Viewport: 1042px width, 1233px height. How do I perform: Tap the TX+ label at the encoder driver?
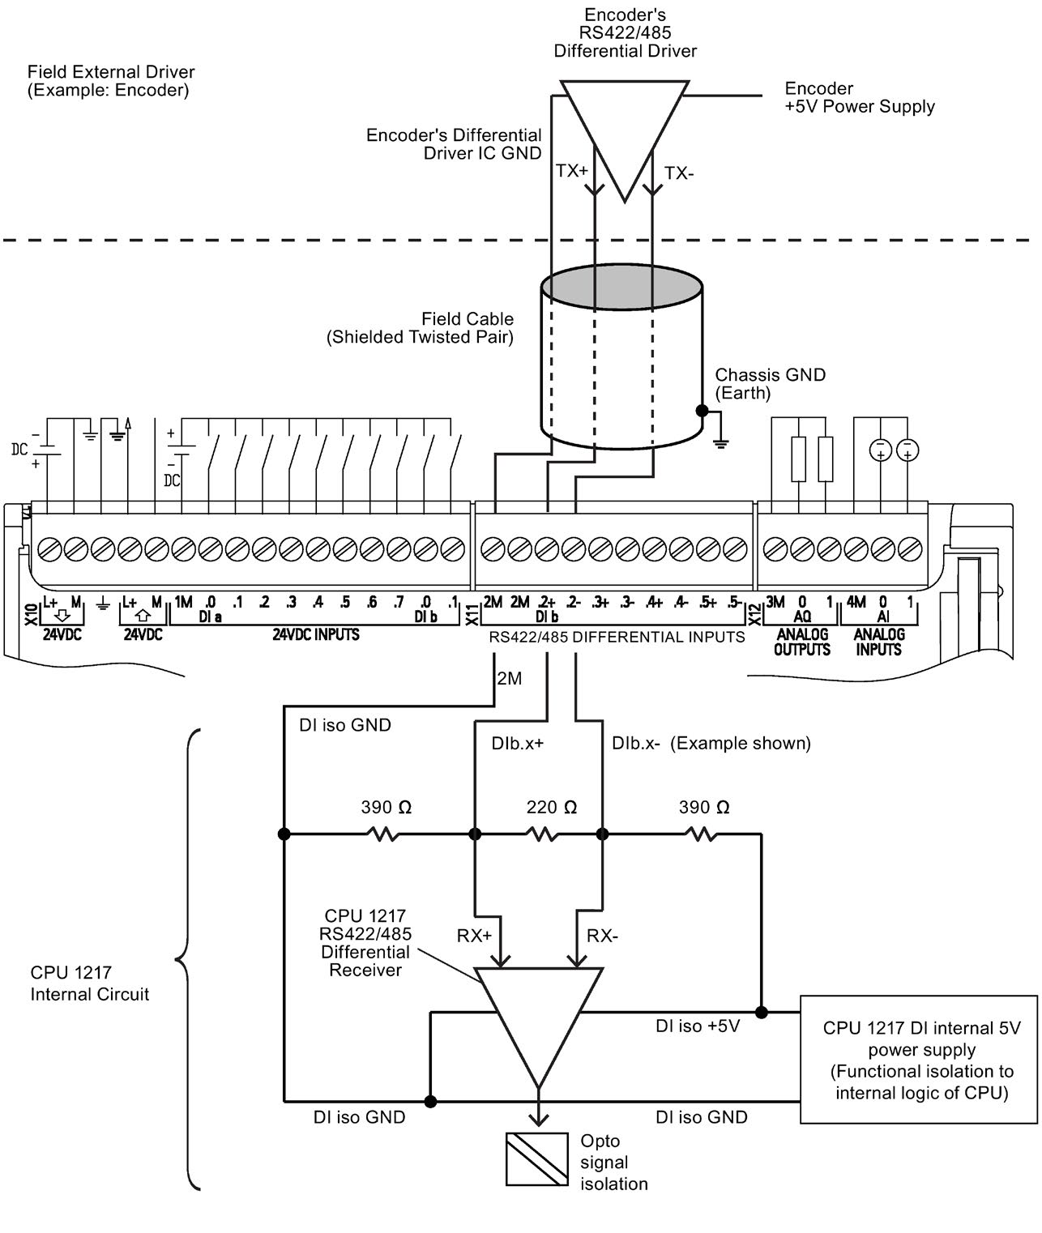point(571,172)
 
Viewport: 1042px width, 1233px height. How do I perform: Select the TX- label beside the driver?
point(679,173)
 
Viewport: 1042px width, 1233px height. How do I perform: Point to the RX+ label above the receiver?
point(475,936)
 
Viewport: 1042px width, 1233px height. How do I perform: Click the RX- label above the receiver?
point(602,936)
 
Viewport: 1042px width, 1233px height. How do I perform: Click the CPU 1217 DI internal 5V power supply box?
point(919,1059)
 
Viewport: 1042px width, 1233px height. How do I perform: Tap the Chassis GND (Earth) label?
point(770,384)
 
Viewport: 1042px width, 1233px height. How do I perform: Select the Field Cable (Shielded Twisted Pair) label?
point(421,328)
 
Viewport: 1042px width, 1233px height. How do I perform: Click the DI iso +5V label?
point(698,1026)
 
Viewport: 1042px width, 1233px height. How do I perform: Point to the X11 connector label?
point(472,615)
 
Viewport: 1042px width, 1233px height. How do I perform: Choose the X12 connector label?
point(755,615)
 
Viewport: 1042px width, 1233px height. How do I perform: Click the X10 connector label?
point(32,615)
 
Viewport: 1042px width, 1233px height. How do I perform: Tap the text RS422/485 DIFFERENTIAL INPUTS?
point(617,638)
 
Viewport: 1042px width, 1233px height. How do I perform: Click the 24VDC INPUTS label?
point(316,634)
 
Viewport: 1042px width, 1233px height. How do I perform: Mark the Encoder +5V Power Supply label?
point(860,97)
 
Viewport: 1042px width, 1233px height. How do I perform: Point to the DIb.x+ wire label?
point(517,743)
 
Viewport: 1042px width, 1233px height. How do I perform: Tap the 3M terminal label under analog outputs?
point(775,603)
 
